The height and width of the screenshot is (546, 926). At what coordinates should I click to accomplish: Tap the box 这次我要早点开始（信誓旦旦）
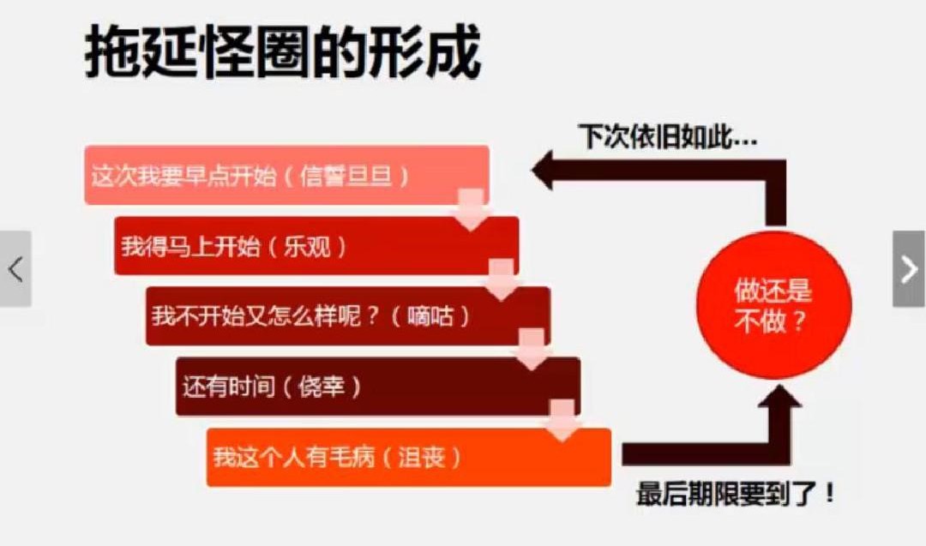(286, 176)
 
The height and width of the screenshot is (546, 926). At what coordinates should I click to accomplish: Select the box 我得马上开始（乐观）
(316, 247)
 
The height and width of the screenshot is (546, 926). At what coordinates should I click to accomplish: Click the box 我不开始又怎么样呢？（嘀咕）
(347, 316)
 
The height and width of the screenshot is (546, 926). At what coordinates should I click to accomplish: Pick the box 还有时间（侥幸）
(377, 387)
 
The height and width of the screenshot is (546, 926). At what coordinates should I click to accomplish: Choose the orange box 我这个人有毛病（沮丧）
(408, 457)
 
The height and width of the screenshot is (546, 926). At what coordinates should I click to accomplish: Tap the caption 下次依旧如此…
(667, 137)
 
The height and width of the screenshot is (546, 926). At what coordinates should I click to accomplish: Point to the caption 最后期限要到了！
(736, 495)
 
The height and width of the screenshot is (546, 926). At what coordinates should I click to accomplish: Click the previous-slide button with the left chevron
(15, 269)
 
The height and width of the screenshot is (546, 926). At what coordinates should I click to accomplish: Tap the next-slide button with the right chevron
(909, 269)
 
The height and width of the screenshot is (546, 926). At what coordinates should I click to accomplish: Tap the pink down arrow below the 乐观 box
(502, 282)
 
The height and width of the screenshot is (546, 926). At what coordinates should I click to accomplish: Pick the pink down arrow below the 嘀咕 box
(532, 352)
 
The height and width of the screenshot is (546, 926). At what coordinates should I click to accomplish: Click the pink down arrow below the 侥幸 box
(562, 423)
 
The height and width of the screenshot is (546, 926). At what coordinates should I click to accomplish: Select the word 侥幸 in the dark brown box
(322, 387)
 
